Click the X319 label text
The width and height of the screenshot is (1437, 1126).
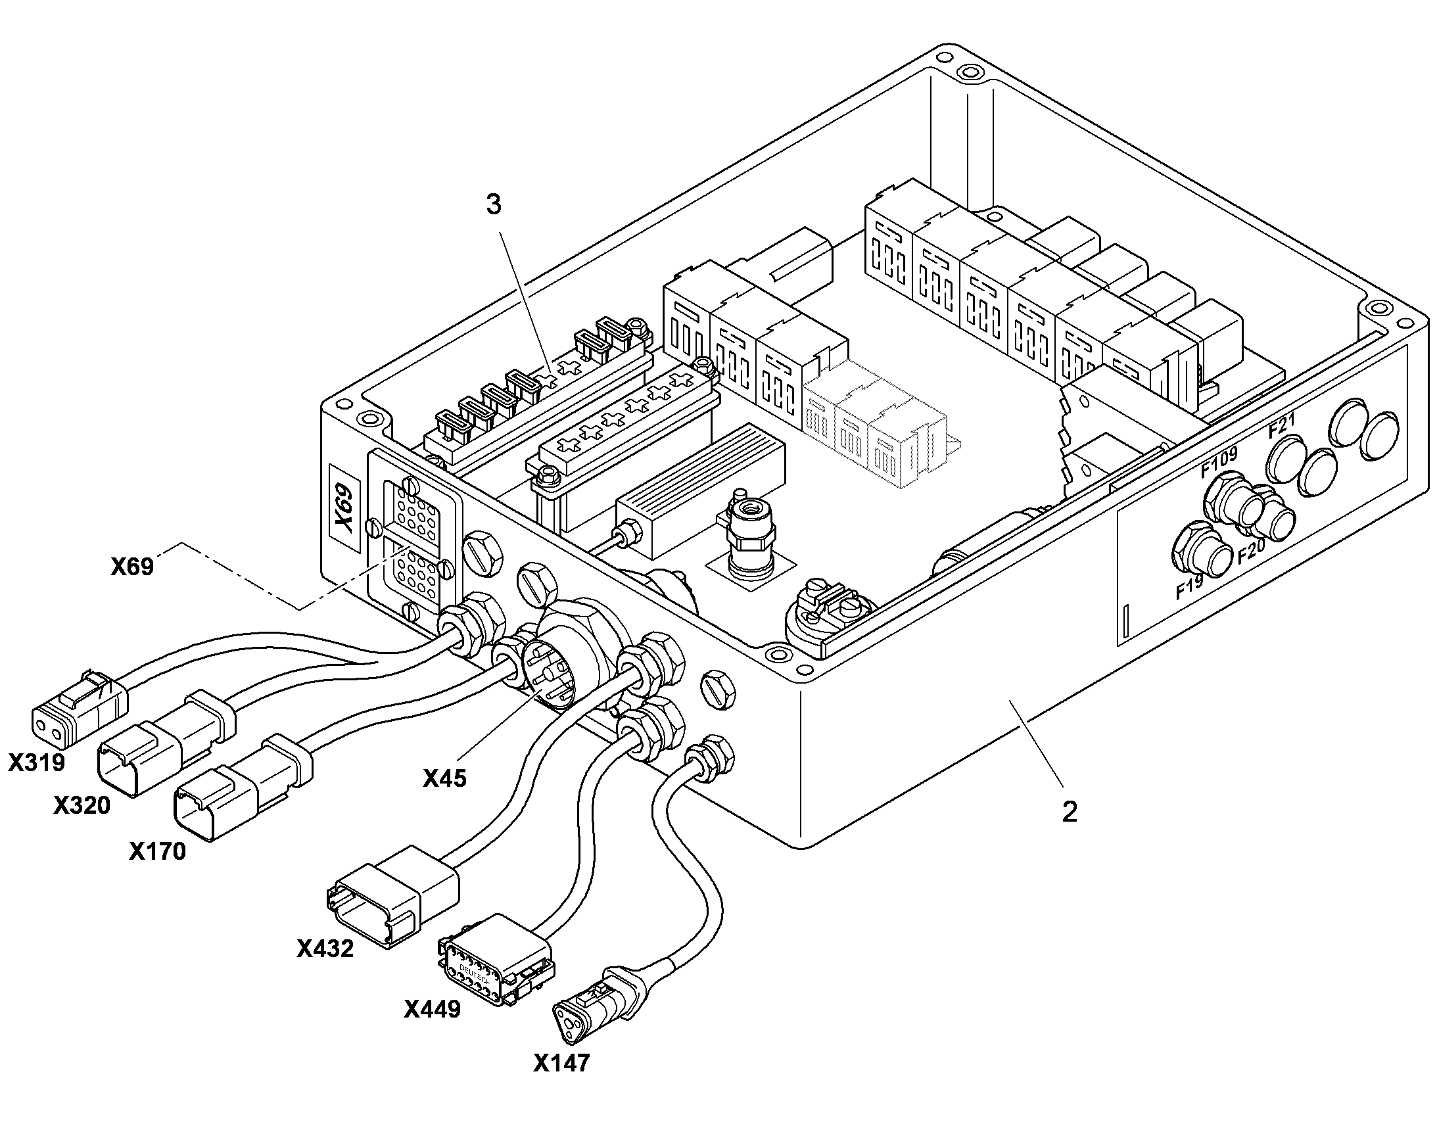(x=37, y=762)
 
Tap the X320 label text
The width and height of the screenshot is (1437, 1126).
(x=82, y=805)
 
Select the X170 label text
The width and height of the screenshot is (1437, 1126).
(x=157, y=851)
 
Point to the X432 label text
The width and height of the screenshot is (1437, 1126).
(x=325, y=949)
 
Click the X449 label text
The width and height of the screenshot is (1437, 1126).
(x=433, y=1008)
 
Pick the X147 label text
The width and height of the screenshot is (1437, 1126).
(x=561, y=1062)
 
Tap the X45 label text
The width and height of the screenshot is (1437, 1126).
(x=444, y=778)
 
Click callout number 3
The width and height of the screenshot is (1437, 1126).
(x=494, y=205)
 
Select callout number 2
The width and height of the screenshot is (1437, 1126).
(x=1069, y=812)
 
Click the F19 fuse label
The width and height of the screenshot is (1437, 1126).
(x=1189, y=587)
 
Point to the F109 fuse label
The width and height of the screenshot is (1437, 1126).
(x=1218, y=461)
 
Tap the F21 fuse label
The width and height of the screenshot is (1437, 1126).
(x=1282, y=425)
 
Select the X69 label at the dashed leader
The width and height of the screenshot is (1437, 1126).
(x=132, y=567)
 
